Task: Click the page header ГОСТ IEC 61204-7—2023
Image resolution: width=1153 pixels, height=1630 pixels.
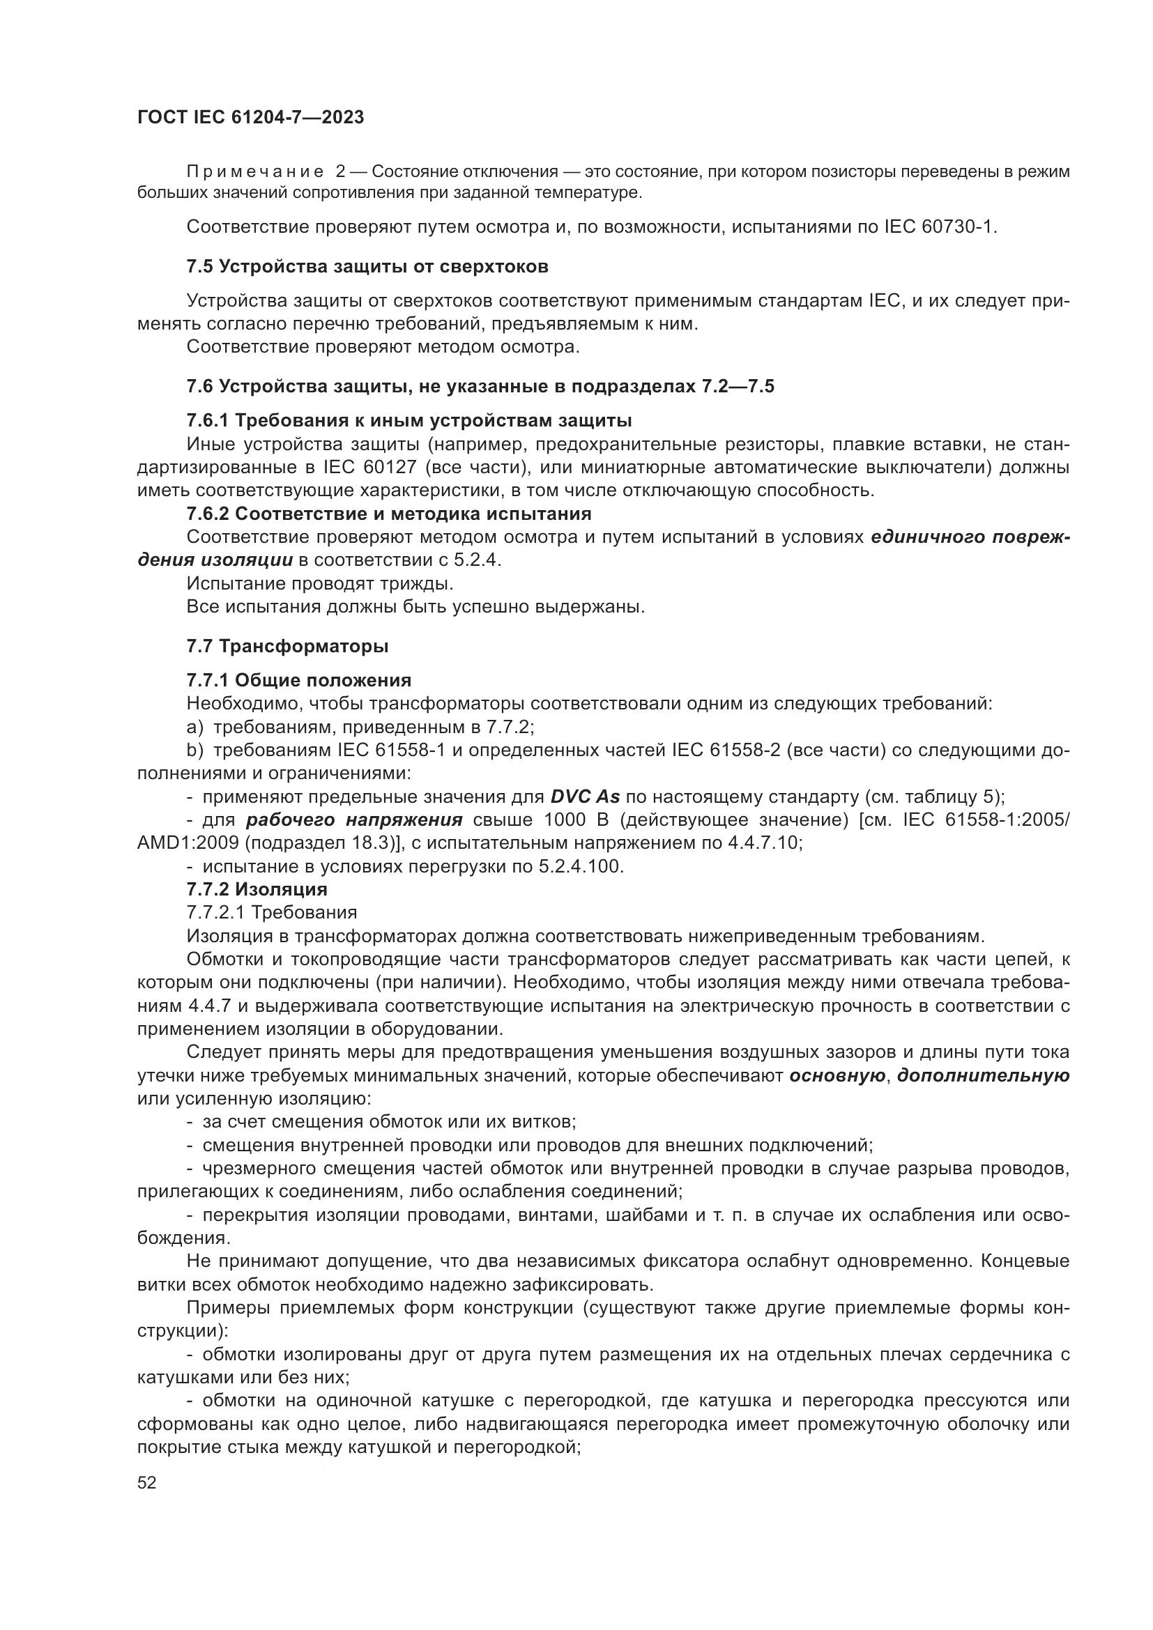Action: point(251,117)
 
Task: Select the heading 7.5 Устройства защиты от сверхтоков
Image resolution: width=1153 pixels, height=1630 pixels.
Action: point(367,267)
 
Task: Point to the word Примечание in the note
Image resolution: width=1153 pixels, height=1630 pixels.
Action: point(255,172)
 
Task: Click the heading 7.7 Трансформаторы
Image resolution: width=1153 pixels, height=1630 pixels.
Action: point(287,646)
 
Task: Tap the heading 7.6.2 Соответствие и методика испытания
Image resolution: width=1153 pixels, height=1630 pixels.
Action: point(388,514)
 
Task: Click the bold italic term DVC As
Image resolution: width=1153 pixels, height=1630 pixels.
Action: point(585,797)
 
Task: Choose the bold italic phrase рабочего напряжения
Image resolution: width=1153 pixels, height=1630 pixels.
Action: point(354,820)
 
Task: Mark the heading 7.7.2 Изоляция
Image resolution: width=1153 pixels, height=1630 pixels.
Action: point(257,889)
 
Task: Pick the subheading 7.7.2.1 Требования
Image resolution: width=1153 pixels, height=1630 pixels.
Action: point(271,912)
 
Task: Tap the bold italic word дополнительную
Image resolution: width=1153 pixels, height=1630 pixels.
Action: point(984,1075)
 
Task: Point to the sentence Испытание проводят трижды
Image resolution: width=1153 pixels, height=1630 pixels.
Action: point(319,583)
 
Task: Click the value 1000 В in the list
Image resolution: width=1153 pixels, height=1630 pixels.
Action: point(576,820)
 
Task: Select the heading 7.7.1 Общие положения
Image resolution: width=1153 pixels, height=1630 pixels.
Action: point(298,680)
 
